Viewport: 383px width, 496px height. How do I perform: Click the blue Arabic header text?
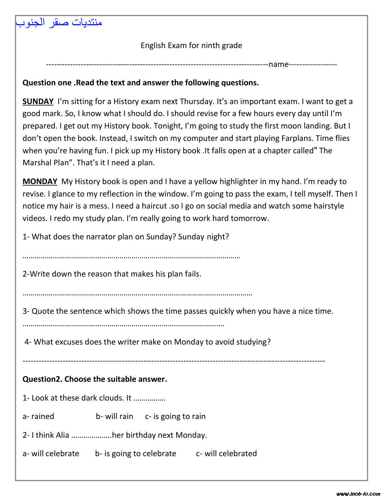59,23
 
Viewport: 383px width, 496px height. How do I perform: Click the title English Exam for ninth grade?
191,45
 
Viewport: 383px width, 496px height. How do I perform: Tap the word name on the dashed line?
278,64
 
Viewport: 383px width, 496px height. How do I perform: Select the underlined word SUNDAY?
38,101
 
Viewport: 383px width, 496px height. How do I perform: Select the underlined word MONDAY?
40,181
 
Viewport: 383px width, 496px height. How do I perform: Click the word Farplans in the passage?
298,138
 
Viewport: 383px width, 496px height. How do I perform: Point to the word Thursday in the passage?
196,101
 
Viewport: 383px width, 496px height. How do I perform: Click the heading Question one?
47,83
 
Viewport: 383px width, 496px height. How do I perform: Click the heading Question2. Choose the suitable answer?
95,379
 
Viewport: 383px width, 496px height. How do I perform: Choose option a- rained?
38,416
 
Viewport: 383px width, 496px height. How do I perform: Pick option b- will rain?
115,416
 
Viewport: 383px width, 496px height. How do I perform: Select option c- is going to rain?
175,416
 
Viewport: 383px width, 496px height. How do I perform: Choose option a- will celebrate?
51,454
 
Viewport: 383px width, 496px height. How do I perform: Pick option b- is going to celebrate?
136,454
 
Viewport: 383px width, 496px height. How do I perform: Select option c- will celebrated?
226,454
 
